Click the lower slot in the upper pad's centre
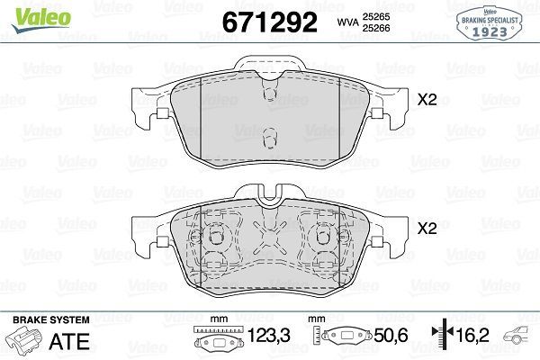tap(267, 138)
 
